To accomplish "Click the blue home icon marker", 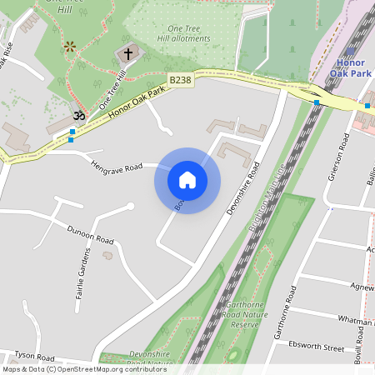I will (187, 180).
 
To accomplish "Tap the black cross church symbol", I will (127, 54).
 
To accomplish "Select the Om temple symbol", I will (79, 114).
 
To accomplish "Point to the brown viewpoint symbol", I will (71, 47).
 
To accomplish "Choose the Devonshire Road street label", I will (243, 187).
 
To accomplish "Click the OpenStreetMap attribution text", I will (72, 369).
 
